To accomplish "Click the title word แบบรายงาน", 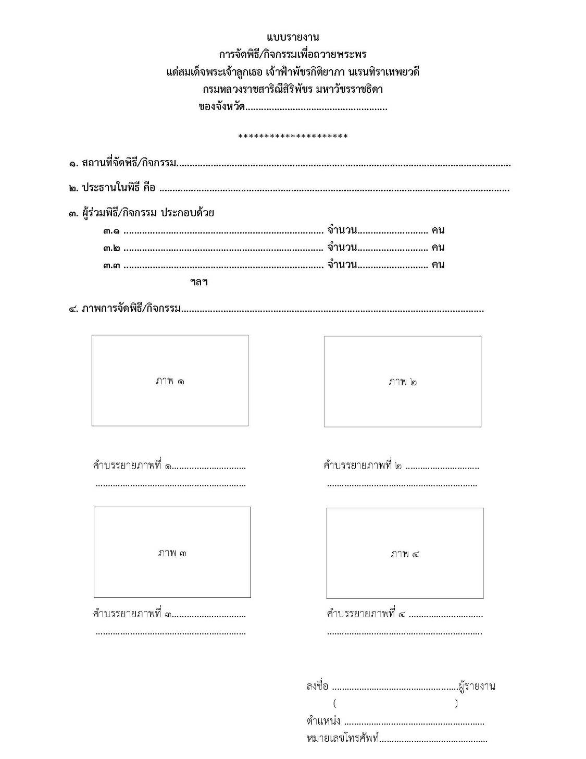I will [293, 37].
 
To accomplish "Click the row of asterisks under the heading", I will [293, 137].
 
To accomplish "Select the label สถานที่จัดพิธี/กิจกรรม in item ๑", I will [129, 163].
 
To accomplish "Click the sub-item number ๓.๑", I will [111, 230].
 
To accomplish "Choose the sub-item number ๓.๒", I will [111, 248].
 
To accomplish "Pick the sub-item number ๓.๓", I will [111, 265].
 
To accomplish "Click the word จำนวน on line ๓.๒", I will [342, 247].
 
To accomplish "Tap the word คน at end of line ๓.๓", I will [438, 264].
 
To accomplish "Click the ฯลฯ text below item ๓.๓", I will [199, 282].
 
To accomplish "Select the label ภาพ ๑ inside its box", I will [170, 381].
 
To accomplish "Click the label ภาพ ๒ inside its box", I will [403, 382].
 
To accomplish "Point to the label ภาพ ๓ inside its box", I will [172, 553].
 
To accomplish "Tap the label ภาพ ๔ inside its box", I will [405, 554].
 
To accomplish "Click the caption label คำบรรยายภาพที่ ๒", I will [363, 466].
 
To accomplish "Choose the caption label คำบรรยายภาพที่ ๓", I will [132, 614].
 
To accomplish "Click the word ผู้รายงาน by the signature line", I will [476, 686].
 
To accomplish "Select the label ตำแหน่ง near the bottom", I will [323, 721].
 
